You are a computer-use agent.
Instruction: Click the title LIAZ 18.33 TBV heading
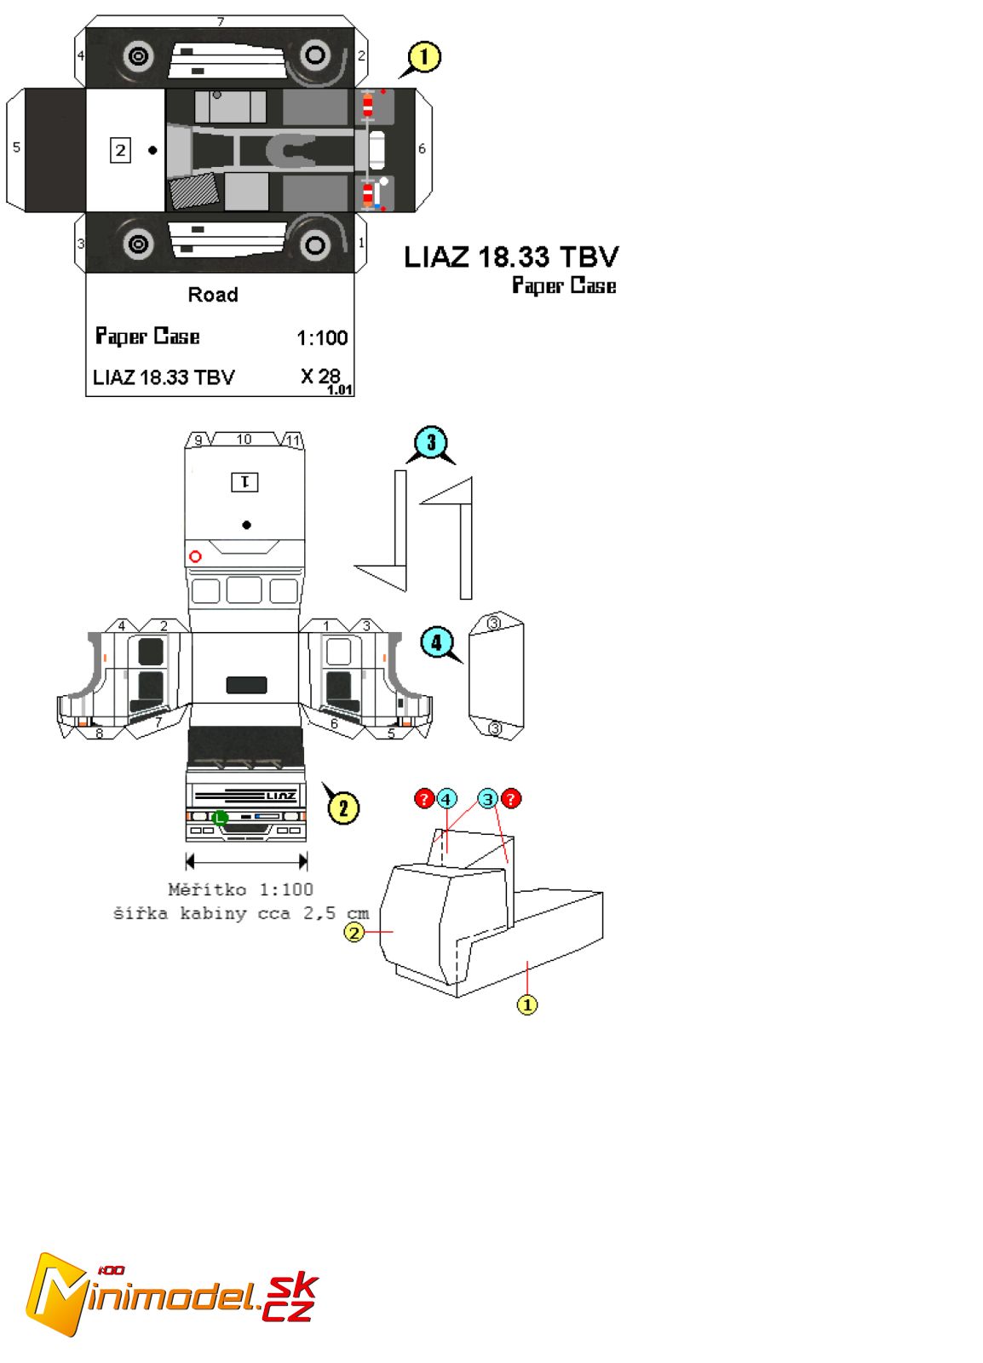pos(511,256)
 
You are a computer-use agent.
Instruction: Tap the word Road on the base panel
pos(213,295)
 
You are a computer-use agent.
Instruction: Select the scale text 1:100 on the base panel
pos(322,338)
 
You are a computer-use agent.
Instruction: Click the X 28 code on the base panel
pos(320,376)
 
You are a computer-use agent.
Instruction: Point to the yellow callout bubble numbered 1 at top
pos(424,57)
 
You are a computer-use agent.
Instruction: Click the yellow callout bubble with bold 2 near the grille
pos(343,808)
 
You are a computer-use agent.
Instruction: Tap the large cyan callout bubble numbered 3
pos(431,442)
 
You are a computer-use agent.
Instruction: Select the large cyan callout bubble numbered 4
pos(436,641)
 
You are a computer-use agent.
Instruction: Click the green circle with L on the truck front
pos(220,818)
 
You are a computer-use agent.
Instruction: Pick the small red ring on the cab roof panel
pos(195,556)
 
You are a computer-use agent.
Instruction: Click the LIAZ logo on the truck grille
pos(281,796)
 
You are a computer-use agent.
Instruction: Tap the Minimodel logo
pos(170,1293)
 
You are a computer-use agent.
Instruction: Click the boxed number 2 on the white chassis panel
pos(120,151)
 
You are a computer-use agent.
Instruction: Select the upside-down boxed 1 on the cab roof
pos(245,482)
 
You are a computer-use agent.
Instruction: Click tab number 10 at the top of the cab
pos(244,440)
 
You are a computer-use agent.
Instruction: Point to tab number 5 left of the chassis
pos(16,147)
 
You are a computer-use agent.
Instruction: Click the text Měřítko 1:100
pos(240,889)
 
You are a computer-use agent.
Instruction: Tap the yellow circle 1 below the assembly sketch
pos(527,1004)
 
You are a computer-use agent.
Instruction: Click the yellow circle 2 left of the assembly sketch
pos(354,932)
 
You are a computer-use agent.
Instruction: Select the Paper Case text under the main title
pos(564,285)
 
